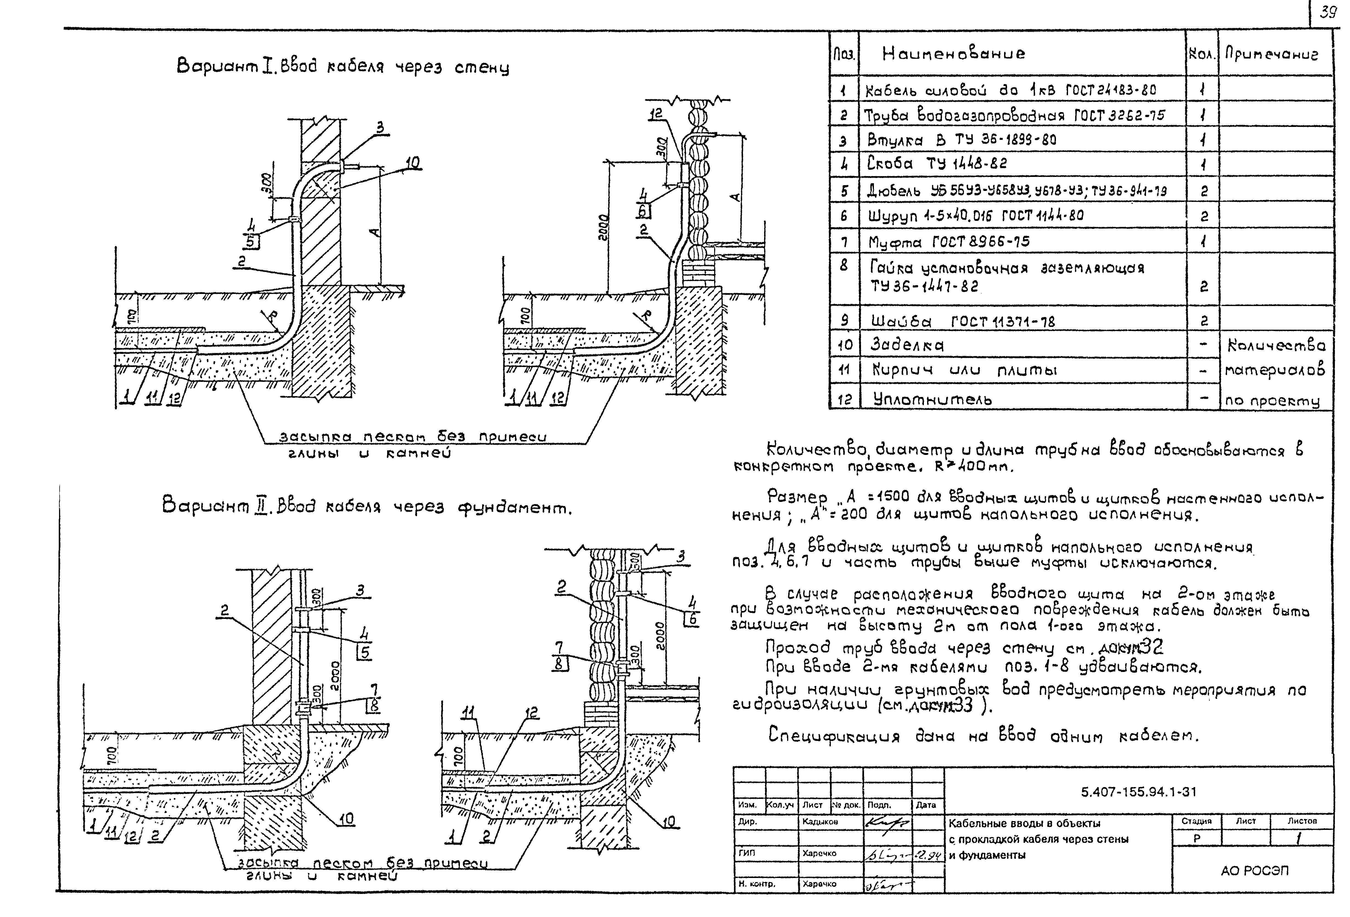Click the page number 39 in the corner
(1328, 13)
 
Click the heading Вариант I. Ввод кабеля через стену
(343, 67)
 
